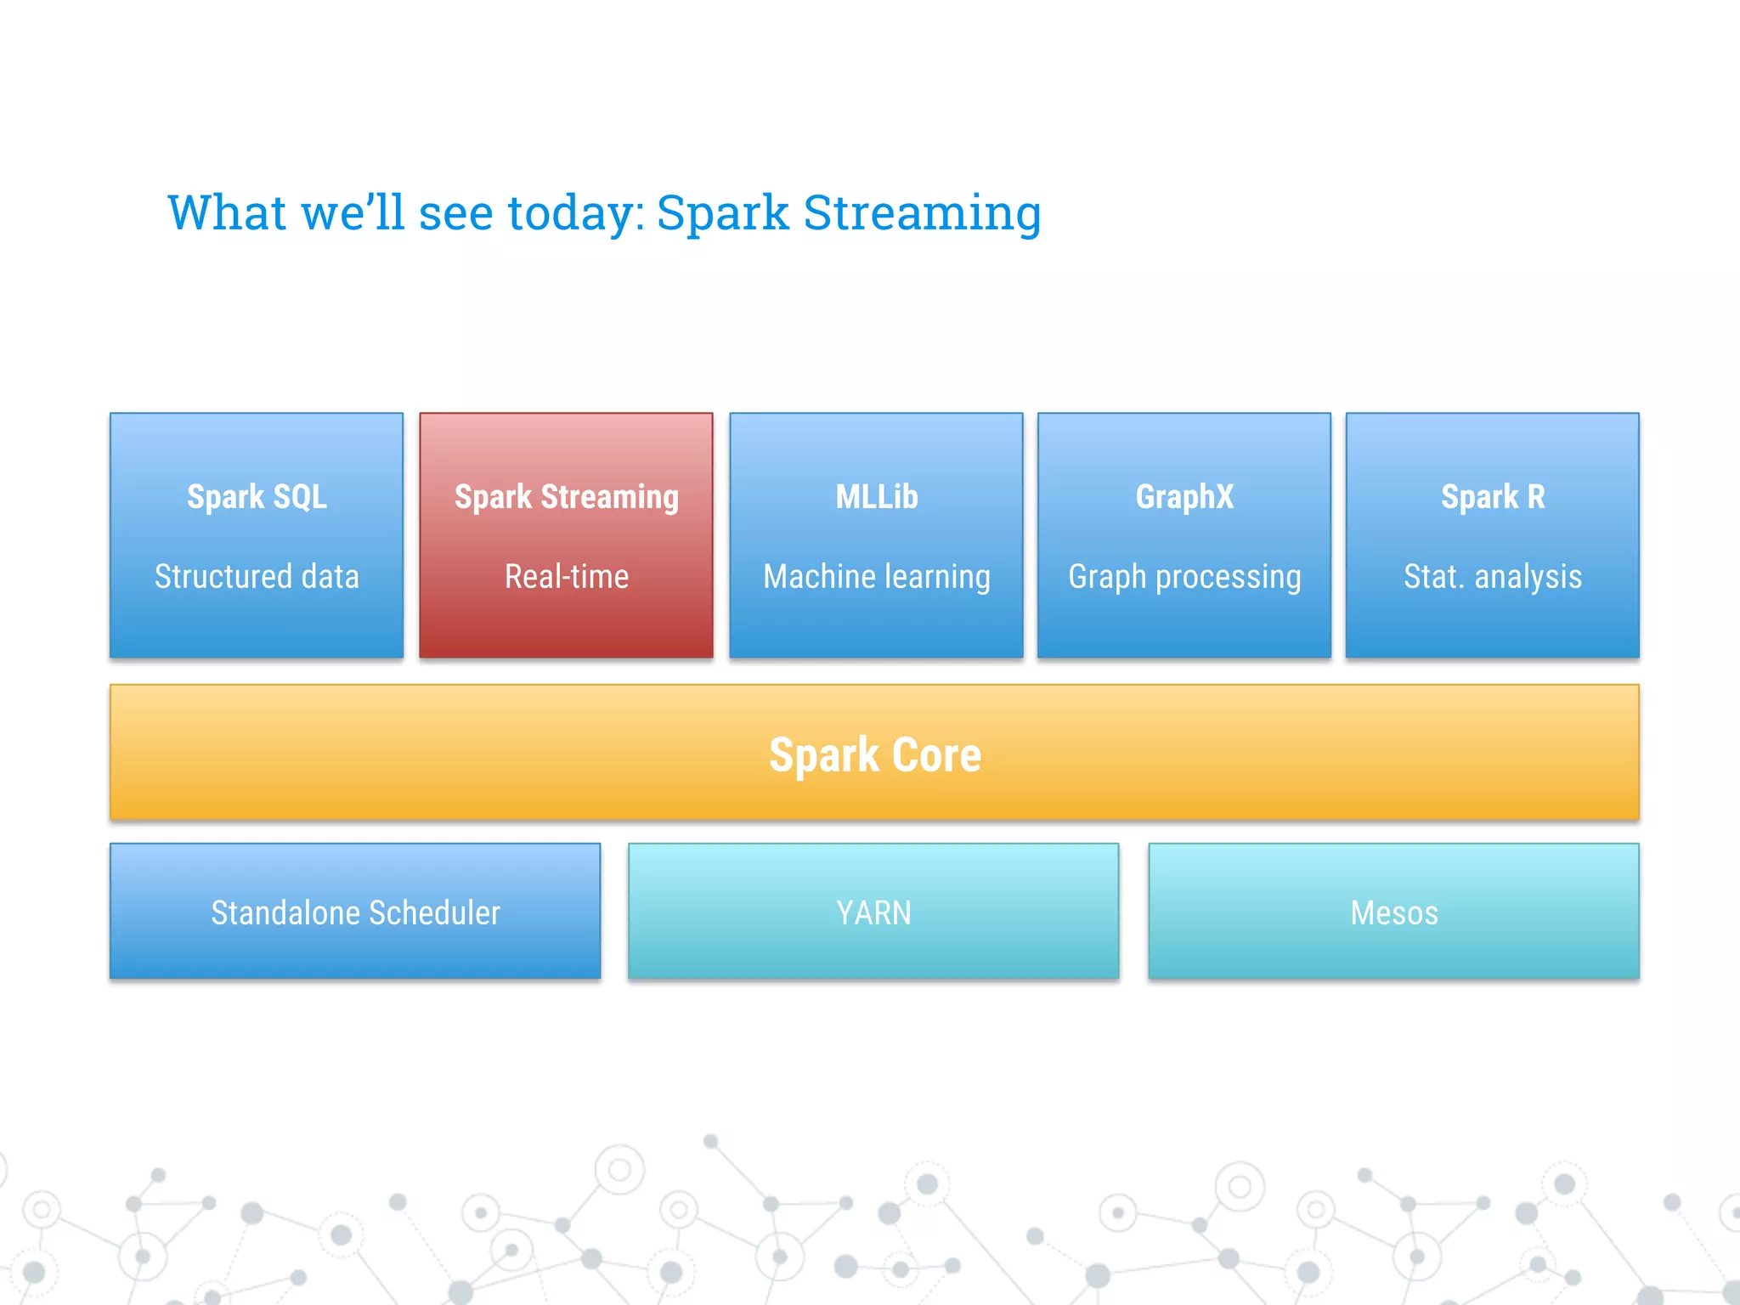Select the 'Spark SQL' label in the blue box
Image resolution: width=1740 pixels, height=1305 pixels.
tap(257, 497)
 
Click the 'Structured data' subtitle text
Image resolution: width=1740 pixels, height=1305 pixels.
tap(257, 577)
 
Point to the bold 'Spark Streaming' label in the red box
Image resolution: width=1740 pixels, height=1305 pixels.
tap(567, 497)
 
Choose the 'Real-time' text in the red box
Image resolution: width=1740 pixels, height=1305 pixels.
tap(567, 577)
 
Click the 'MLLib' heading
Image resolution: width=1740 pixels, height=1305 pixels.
tap(877, 497)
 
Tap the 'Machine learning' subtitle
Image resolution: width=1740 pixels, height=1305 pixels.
tap(877, 577)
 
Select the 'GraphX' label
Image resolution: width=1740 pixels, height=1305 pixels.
tap(1184, 497)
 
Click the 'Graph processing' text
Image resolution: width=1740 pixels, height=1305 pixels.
tap(1184, 577)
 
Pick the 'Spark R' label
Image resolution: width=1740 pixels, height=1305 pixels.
tap(1493, 497)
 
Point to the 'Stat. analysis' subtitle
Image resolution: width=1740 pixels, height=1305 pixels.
tap(1493, 577)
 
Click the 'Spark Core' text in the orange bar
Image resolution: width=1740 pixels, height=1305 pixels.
tap(875, 754)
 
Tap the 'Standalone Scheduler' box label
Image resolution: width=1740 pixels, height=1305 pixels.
tap(355, 913)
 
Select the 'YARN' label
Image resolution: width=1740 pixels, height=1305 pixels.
tap(873, 913)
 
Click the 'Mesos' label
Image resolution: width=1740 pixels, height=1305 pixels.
tap(1394, 913)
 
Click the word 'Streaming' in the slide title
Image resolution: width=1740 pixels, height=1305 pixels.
tap(922, 212)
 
